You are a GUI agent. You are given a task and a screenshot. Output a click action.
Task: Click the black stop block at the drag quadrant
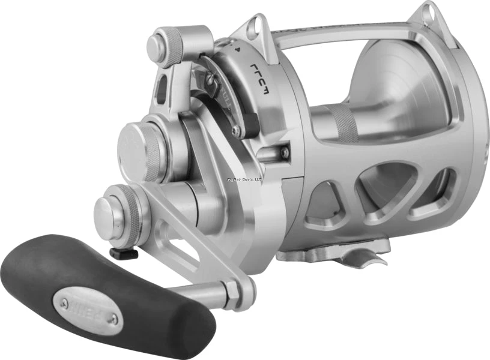click(250, 124)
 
